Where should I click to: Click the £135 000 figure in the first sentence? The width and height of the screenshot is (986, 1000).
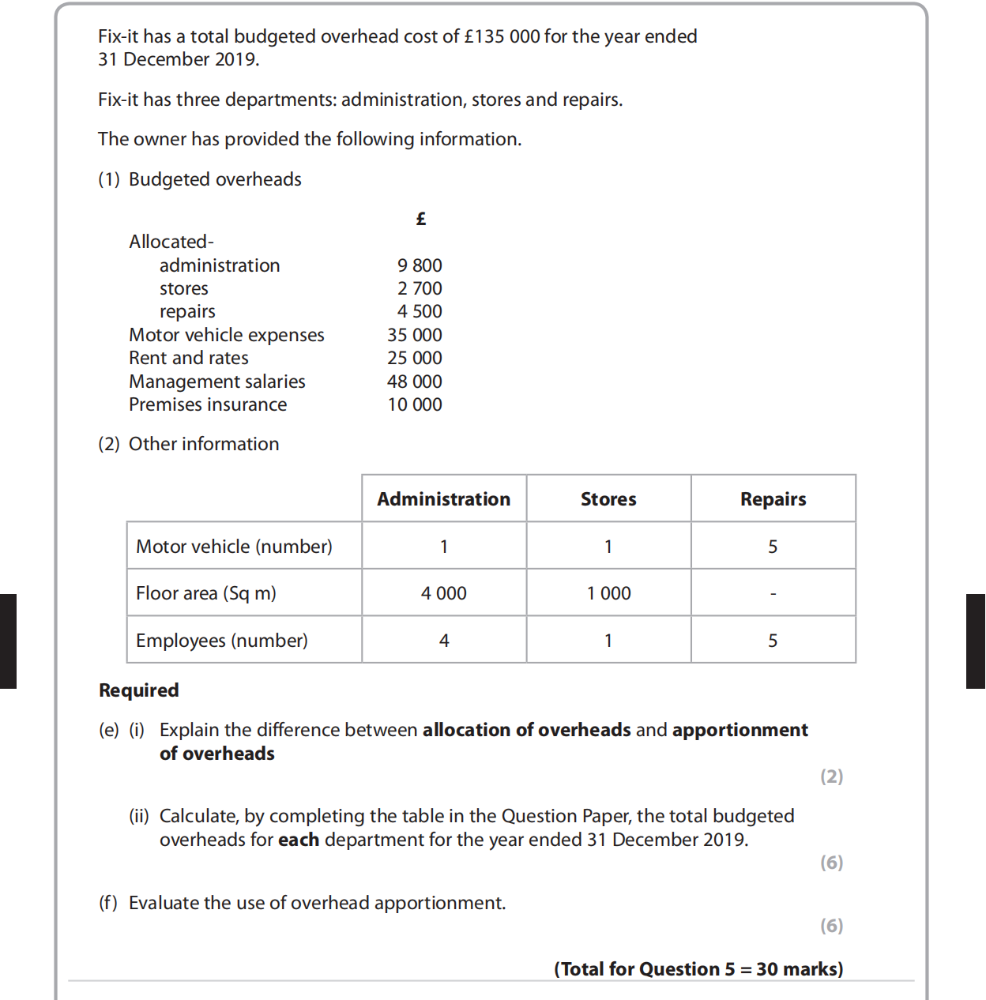click(x=502, y=36)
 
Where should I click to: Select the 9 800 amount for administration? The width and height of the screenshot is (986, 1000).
click(x=420, y=265)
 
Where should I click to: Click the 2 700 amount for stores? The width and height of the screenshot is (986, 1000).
click(x=420, y=288)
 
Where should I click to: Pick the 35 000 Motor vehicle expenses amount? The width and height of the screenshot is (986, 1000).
click(x=415, y=335)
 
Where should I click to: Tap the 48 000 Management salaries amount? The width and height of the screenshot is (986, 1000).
click(x=415, y=382)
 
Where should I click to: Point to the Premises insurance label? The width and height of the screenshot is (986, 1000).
click(x=208, y=404)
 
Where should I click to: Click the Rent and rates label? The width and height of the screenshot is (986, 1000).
click(x=189, y=358)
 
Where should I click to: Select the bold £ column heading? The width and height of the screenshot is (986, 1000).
click(x=421, y=219)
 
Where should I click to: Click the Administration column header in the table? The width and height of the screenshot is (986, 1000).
click(x=444, y=499)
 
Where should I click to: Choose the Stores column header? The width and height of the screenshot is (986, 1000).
click(x=608, y=499)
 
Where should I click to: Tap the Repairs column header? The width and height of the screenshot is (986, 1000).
click(x=773, y=499)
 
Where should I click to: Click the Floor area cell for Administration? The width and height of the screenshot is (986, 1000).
click(x=444, y=593)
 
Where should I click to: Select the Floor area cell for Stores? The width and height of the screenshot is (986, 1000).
click(x=608, y=593)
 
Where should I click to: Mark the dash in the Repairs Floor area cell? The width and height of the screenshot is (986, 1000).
click(x=773, y=593)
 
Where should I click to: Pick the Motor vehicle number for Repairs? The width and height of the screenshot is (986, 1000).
click(x=773, y=547)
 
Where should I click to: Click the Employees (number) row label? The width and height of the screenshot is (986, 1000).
click(x=222, y=641)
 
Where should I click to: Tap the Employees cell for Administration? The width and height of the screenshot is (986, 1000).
click(x=444, y=641)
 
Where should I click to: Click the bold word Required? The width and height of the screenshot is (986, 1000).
click(x=139, y=690)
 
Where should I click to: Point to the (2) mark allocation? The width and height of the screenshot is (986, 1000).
click(x=831, y=776)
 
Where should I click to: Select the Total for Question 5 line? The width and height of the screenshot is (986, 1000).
click(x=698, y=969)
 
